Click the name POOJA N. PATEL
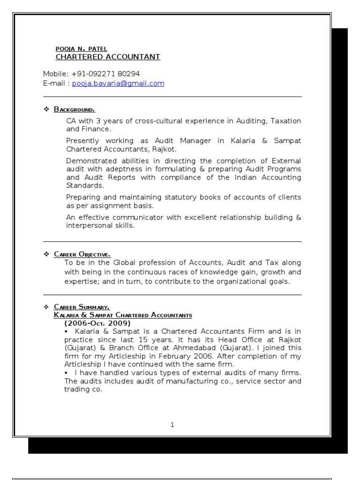point(82,49)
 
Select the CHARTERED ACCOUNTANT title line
point(108,57)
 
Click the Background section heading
point(75,110)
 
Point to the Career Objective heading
point(82,254)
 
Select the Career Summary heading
point(82,307)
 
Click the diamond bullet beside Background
point(46,110)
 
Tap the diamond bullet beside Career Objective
point(46,254)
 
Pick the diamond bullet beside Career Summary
point(46,307)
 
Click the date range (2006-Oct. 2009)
point(97,323)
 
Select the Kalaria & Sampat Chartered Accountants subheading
point(123,315)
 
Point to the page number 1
point(172,425)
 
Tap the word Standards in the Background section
point(82,186)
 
